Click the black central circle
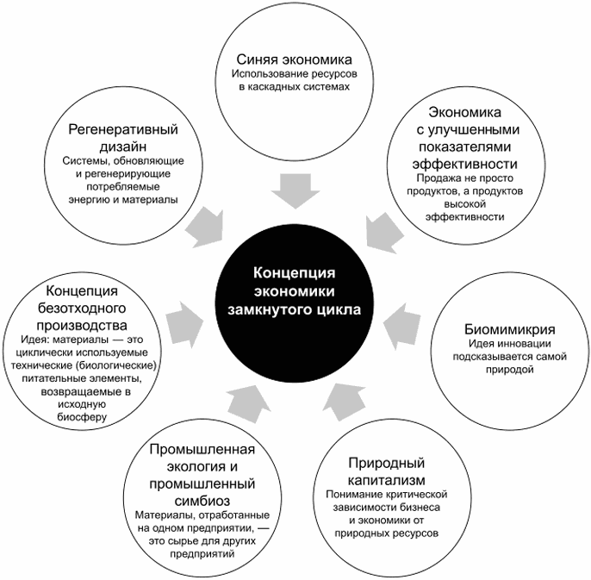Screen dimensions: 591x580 point(295,290)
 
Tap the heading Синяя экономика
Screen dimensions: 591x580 point(295,59)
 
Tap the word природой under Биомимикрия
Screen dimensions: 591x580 point(508,369)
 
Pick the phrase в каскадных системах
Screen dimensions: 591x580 point(295,87)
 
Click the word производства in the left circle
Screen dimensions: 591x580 point(78,325)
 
